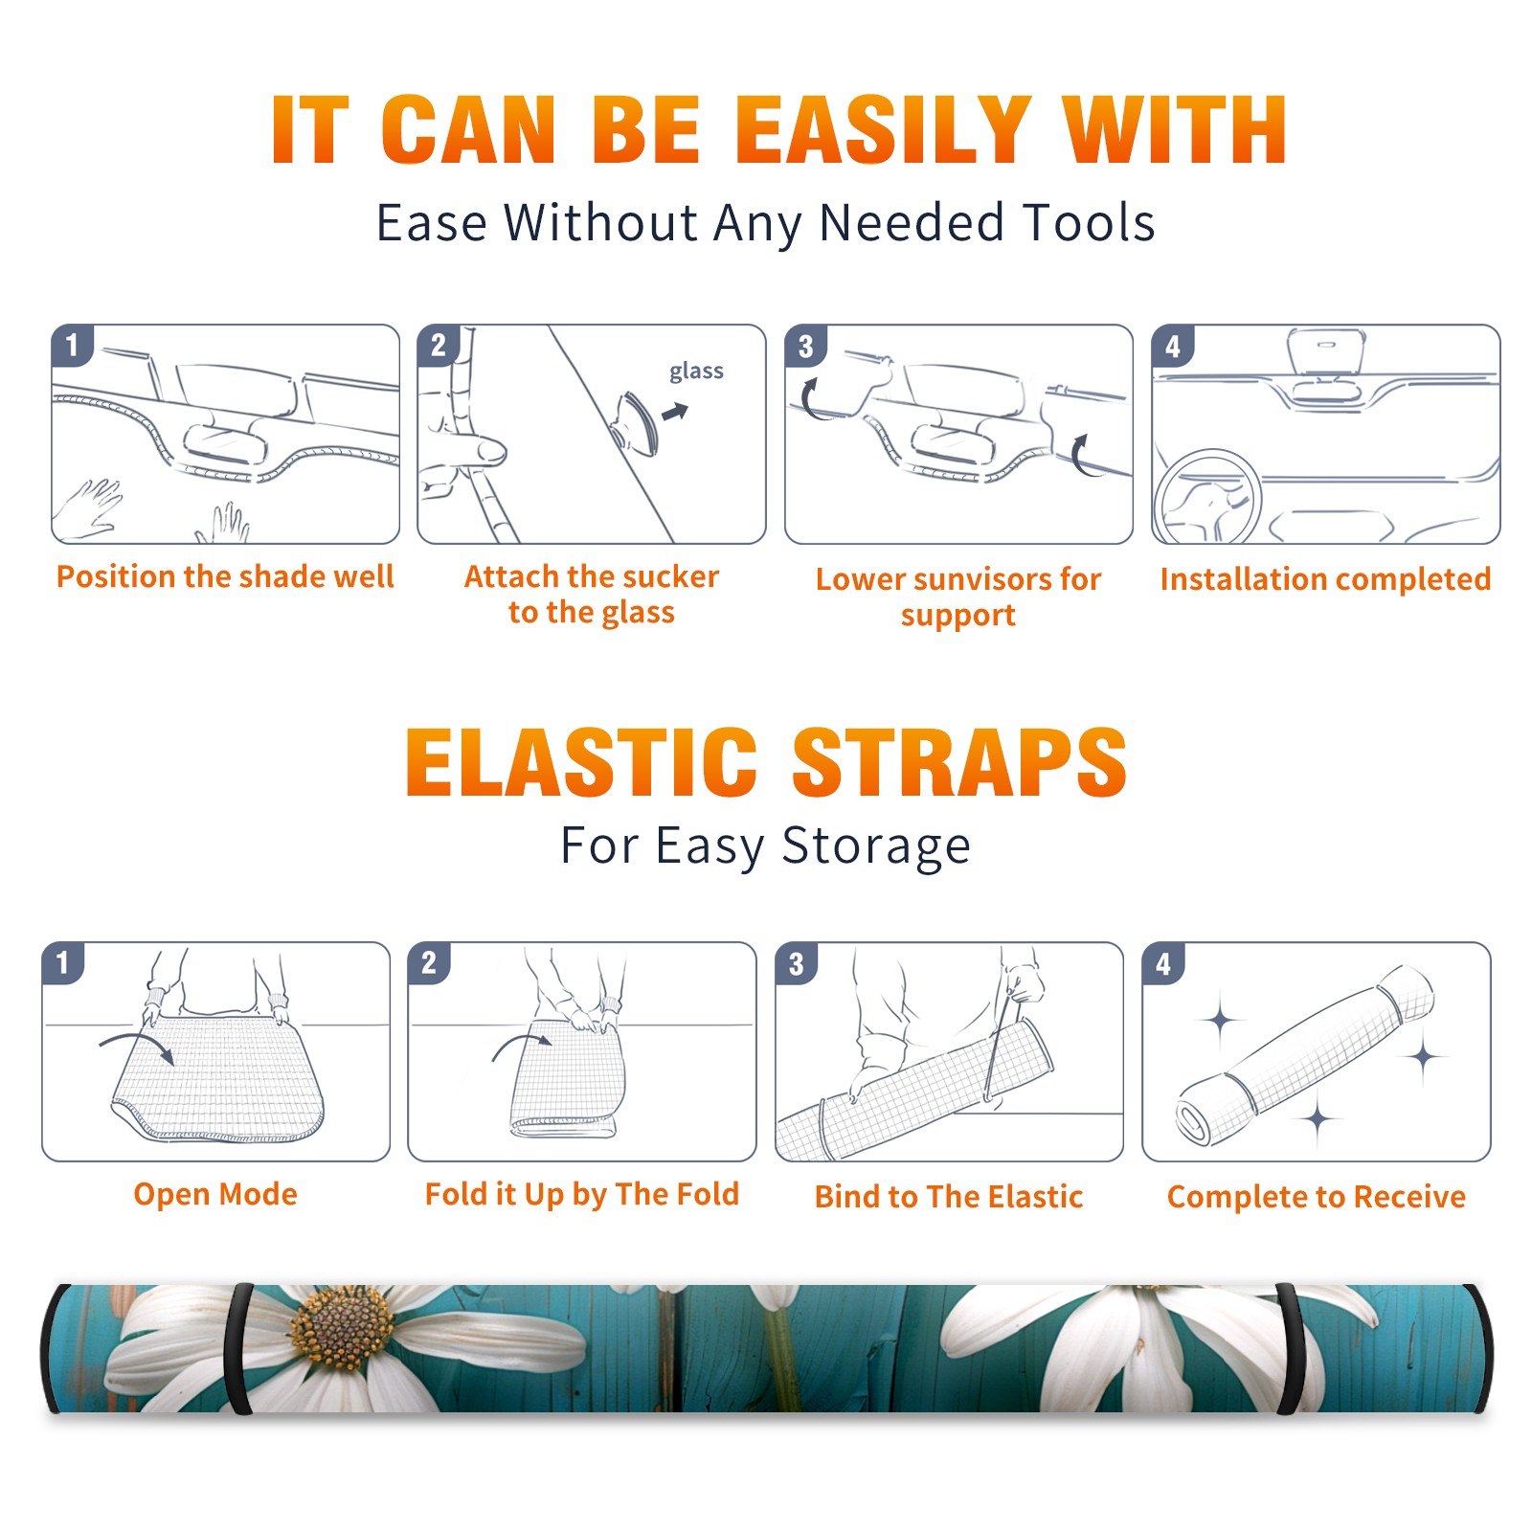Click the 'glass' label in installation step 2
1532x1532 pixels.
[x=696, y=372]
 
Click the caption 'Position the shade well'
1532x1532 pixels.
[x=225, y=576]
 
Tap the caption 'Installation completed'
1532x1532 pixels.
[x=1325, y=578]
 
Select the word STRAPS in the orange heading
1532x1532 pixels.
[x=959, y=763]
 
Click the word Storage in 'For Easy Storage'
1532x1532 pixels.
[x=876, y=847]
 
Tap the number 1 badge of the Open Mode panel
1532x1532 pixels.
[x=63, y=962]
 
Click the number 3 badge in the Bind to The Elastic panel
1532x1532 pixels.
[x=797, y=963]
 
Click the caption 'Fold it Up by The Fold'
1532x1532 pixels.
[x=582, y=1194]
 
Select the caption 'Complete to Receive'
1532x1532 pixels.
[x=1317, y=1197]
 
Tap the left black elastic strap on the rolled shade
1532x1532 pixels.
[x=238, y=1348]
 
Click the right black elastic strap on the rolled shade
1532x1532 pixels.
[x=1292, y=1348]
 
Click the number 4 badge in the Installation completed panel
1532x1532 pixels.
[x=1173, y=346]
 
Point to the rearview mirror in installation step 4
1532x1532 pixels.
[x=1326, y=353]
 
